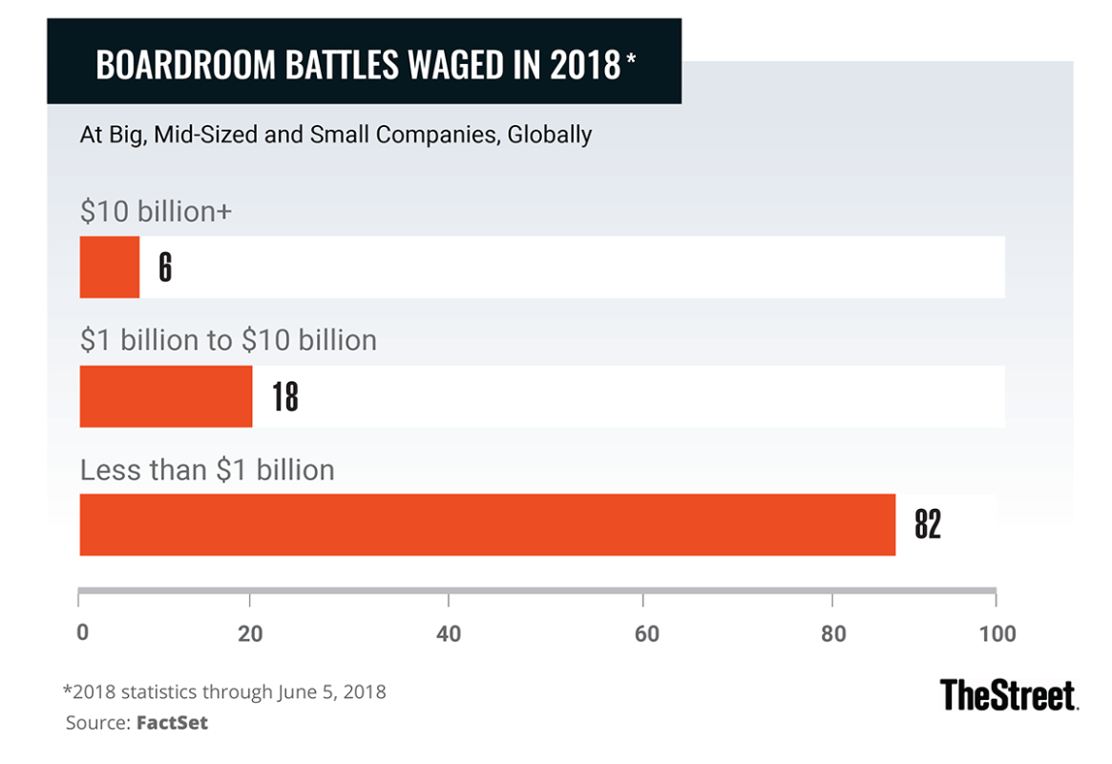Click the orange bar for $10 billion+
(110, 267)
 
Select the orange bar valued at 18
(166, 396)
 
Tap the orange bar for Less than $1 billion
(487, 524)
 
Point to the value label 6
(165, 267)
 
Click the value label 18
(284, 396)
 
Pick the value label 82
(927, 524)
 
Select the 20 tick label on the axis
(250, 634)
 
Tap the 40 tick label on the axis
(449, 634)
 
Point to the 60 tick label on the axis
(646, 634)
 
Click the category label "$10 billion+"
(157, 211)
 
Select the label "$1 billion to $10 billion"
(228, 340)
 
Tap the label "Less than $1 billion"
(207, 470)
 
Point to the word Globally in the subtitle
(550, 135)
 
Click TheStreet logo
(1009, 694)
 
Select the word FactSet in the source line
(172, 723)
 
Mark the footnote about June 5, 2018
(224, 691)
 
